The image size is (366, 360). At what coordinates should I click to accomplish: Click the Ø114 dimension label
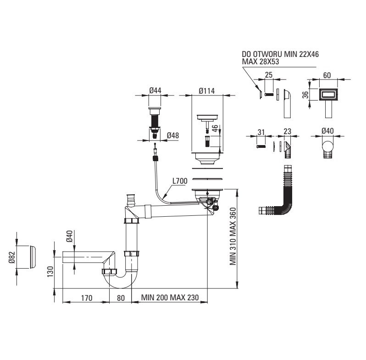point(207,91)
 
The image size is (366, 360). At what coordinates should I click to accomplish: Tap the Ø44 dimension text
point(155,90)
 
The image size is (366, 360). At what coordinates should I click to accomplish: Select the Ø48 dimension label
point(173,135)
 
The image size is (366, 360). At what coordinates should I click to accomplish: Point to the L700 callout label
point(180,181)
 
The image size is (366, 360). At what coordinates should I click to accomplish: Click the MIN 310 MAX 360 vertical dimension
point(233,236)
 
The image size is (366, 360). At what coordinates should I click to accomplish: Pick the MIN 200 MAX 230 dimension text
point(170,298)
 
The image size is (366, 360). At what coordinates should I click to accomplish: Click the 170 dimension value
point(87,298)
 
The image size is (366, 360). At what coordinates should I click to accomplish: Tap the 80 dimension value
point(121,298)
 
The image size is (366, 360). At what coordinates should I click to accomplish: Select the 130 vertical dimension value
point(50,272)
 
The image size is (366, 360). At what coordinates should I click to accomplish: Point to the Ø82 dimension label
point(12,258)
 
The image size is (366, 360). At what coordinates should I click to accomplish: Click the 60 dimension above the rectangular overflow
point(327,75)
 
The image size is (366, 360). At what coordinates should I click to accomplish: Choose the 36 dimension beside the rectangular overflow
point(305,95)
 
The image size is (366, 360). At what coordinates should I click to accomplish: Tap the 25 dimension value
point(269,75)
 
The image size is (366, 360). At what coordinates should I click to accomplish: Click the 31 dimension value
point(261,132)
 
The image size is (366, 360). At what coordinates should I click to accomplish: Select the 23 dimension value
point(287,131)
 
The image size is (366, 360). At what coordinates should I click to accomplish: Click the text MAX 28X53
point(260,62)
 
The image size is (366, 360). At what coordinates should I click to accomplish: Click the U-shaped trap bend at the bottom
point(121,281)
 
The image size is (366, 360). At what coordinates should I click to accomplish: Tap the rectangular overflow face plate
point(328,95)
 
